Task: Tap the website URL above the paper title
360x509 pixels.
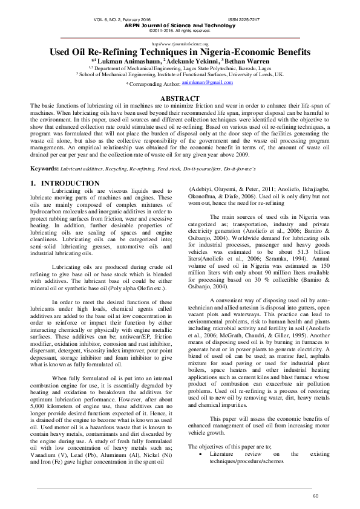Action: point(180,44)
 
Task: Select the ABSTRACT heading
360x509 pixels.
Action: point(179,98)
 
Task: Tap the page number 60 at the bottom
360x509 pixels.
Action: point(315,496)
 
